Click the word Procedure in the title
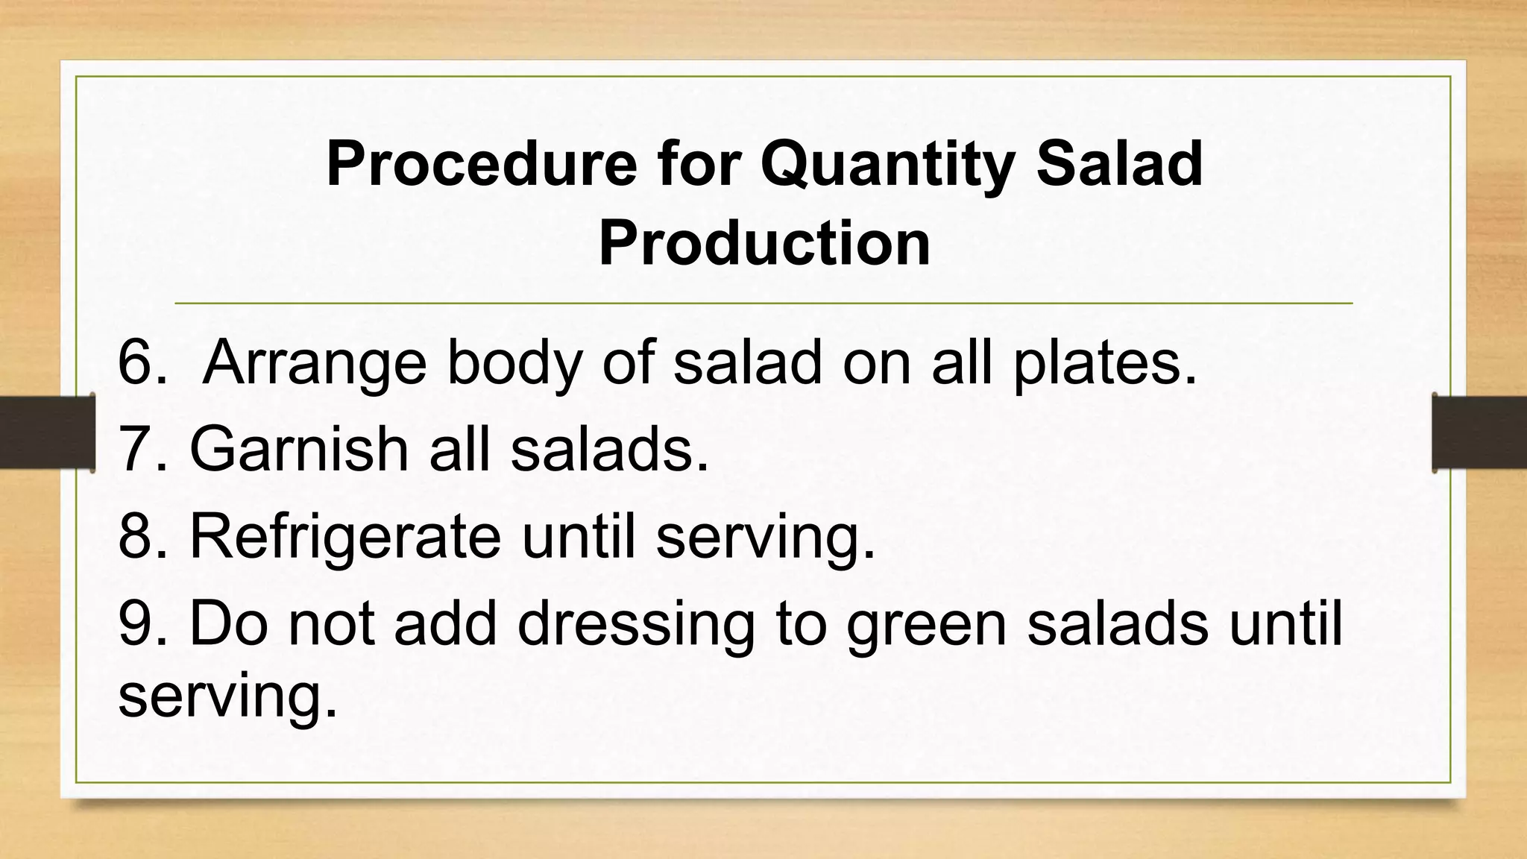pyautogui.click(x=481, y=164)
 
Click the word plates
pyautogui.click(x=1104, y=364)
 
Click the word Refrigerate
pyautogui.click(x=345, y=537)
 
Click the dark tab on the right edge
pyautogui.click(x=1480, y=432)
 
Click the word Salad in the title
pyautogui.click(x=1119, y=164)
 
